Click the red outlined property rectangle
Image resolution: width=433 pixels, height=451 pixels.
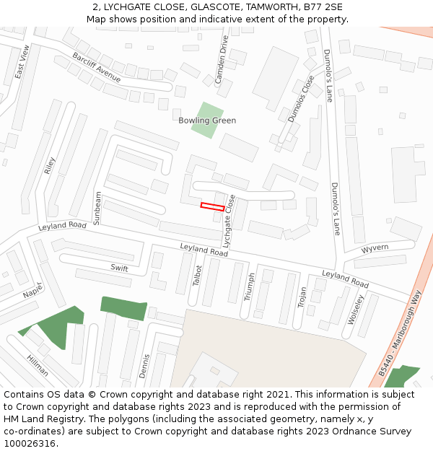tap(212, 206)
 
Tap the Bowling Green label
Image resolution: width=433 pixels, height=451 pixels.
tap(207, 121)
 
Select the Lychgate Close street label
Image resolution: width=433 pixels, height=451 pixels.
tap(229, 222)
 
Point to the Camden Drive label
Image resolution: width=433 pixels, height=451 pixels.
tap(222, 60)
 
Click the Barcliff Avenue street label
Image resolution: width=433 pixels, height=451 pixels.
tap(96, 67)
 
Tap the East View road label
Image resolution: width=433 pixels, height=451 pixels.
tap(21, 62)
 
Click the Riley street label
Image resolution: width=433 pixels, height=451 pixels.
tap(49, 166)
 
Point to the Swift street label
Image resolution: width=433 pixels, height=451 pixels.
tap(119, 268)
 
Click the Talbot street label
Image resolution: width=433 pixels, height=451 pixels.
tap(198, 275)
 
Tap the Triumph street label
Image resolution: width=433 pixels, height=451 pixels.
tap(250, 286)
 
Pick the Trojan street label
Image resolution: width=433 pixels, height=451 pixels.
tap(302, 297)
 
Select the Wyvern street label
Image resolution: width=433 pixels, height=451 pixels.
tap(375, 248)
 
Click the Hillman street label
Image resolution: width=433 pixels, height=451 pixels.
tap(38, 366)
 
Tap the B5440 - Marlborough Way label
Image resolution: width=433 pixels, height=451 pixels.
tap(400, 333)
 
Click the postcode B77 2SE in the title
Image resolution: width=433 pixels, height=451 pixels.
tap(323, 7)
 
